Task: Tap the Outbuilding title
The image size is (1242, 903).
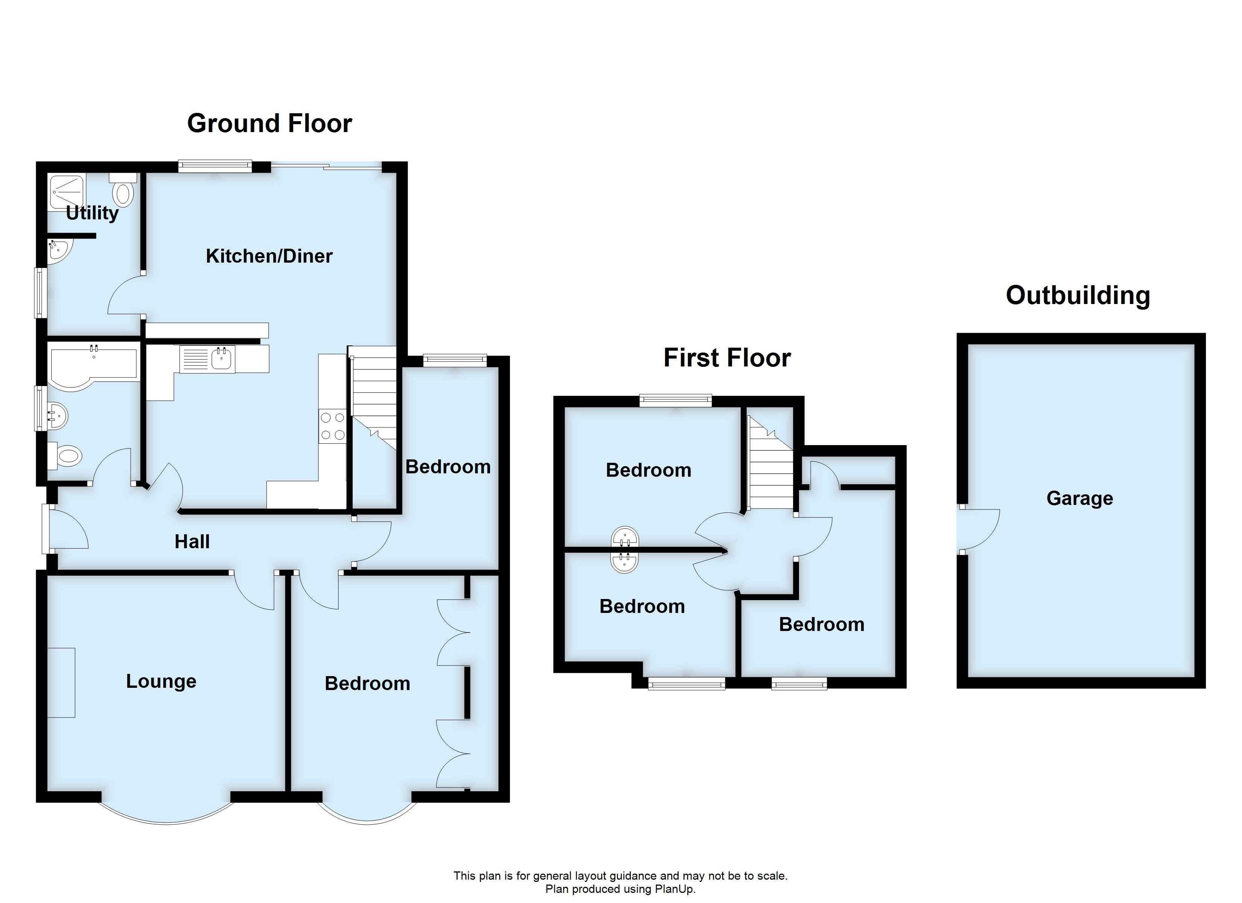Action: click(1077, 296)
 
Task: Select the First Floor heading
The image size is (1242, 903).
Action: click(727, 358)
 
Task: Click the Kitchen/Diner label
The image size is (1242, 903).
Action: click(269, 256)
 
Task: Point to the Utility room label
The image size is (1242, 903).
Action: click(92, 213)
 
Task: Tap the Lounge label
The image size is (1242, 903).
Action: click(161, 681)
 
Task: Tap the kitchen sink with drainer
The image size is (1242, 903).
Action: click(208, 359)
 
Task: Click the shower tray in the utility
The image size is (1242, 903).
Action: click(66, 192)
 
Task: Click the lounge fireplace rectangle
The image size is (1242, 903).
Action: click(61, 682)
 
